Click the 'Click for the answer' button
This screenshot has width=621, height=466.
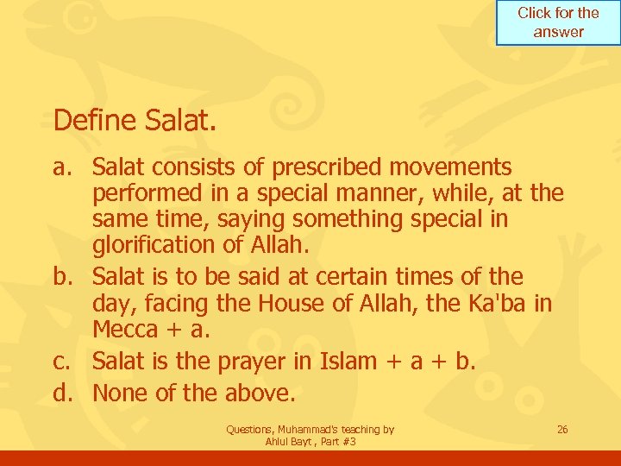558,22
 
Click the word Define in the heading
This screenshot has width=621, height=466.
93,120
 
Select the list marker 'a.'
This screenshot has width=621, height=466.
67,167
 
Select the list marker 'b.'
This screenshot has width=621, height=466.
67,277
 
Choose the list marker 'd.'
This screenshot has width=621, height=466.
67,393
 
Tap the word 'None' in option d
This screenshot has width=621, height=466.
122,393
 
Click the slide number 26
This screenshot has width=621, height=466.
562,429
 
